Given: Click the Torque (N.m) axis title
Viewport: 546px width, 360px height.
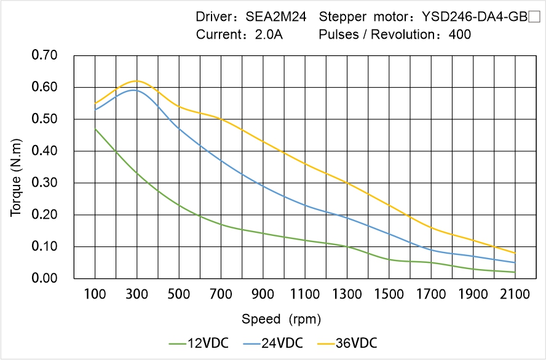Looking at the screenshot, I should click(x=16, y=167).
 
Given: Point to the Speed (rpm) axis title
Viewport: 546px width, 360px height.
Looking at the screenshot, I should click(x=281, y=319).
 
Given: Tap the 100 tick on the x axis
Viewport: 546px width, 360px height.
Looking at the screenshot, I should click(x=95, y=294).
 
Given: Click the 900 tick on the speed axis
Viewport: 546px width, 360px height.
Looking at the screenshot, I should click(x=263, y=294).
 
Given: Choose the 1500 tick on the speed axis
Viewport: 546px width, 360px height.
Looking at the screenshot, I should click(x=389, y=294).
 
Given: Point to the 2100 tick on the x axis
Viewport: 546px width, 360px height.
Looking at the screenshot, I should click(x=515, y=294).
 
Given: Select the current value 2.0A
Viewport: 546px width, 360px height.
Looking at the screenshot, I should click(x=269, y=34).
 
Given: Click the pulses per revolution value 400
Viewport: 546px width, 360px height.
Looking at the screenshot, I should click(x=460, y=34).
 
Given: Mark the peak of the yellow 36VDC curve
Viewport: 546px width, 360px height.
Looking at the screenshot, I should click(x=136, y=81).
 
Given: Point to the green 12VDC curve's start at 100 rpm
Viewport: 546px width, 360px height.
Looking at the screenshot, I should click(x=95, y=128).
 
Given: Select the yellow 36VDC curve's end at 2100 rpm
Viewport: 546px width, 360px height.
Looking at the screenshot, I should click(x=515, y=253).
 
